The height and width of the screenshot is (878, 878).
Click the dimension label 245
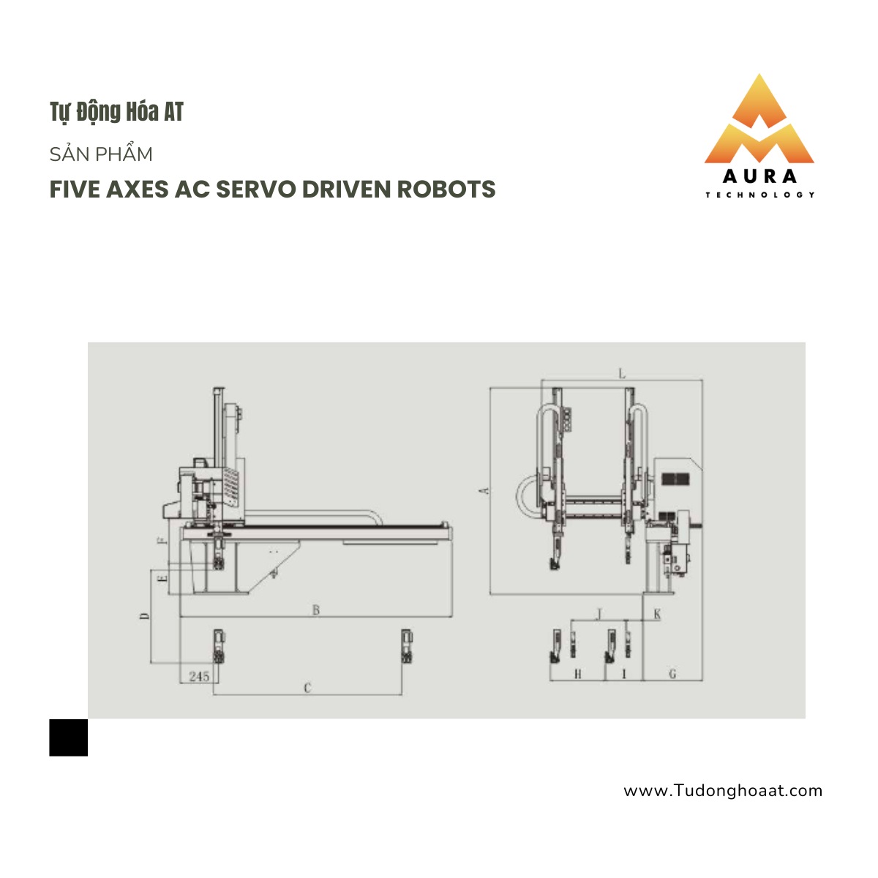point(199,676)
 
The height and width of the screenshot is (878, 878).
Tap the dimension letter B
point(316,609)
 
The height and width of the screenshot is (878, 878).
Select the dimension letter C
point(307,688)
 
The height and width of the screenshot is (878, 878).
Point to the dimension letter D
point(144,616)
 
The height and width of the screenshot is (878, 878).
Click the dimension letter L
point(622,374)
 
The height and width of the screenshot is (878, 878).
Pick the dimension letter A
point(485,491)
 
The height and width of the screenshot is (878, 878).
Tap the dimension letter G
point(672,673)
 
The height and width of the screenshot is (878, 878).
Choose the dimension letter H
point(578,674)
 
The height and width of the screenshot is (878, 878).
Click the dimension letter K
point(657,614)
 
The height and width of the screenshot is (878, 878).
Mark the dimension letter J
point(600,614)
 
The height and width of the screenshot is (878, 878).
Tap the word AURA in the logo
point(759,176)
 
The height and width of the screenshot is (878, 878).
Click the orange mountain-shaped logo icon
point(759,119)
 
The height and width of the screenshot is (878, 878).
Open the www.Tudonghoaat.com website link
point(723,790)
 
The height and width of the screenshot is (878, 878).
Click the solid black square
point(68,738)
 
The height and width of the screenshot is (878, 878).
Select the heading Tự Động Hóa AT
point(116,112)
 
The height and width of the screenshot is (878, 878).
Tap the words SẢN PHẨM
point(101,154)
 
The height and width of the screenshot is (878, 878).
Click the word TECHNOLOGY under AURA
point(760,195)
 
